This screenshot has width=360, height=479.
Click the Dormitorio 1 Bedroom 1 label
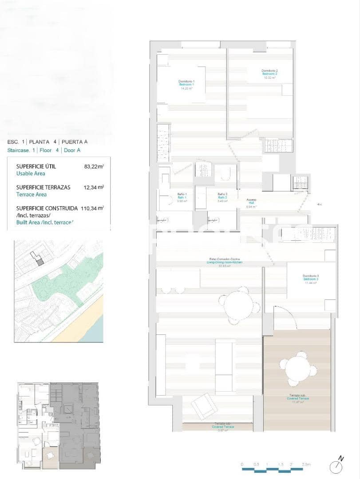pyautogui.click(x=186, y=85)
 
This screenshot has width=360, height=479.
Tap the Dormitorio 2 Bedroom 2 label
pyautogui.click(x=269, y=74)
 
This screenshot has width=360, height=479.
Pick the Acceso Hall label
pyautogui.click(x=251, y=203)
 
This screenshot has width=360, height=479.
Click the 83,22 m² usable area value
pyautogui.click(x=94, y=167)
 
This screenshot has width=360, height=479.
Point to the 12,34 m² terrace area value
pyautogui.click(x=94, y=187)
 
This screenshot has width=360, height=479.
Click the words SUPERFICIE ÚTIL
pyautogui.click(x=36, y=166)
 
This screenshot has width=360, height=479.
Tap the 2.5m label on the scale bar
pyautogui.click(x=306, y=464)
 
